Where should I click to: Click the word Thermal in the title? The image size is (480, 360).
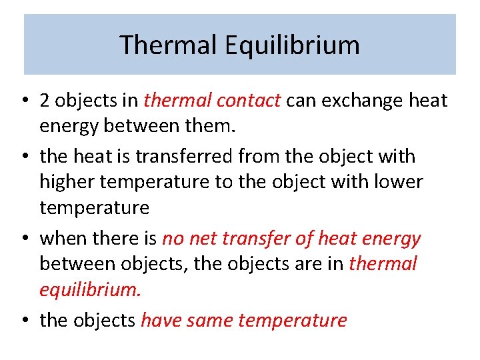pos(168,45)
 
